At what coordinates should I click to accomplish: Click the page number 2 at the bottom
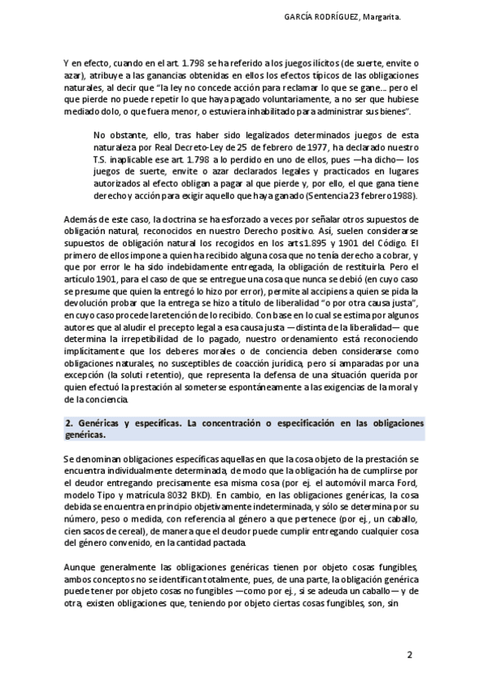[x=411, y=655]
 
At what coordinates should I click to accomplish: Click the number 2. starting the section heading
[x=68, y=424]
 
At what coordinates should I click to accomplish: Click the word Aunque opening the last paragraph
[x=79, y=565]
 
